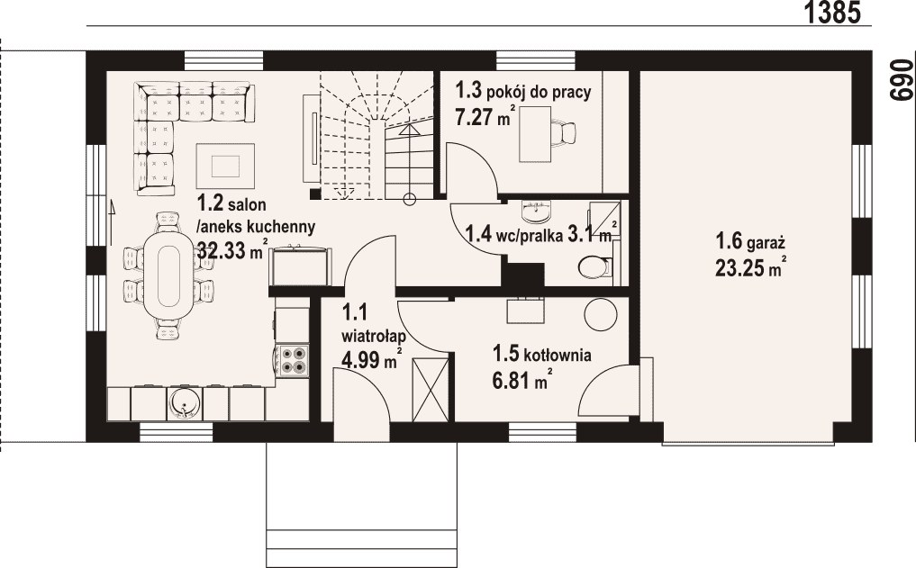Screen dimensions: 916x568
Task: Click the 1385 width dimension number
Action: pyautogui.click(x=832, y=13)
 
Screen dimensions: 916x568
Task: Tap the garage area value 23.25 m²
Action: pyautogui.click(x=750, y=267)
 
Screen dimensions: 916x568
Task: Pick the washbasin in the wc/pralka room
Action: pyautogui.click(x=537, y=212)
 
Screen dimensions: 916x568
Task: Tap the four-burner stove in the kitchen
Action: pyautogui.click(x=292, y=361)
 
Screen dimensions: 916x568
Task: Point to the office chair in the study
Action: pyautogui.click(x=564, y=131)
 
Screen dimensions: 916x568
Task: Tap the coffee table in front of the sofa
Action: pyautogui.click(x=225, y=166)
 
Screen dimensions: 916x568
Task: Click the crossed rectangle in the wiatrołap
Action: pyautogui.click(x=430, y=390)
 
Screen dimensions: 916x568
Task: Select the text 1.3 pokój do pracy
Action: pyautogui.click(x=523, y=91)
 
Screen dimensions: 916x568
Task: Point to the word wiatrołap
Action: pyautogui.click(x=374, y=337)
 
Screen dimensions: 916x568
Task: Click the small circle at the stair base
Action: pyautogui.click(x=410, y=200)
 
